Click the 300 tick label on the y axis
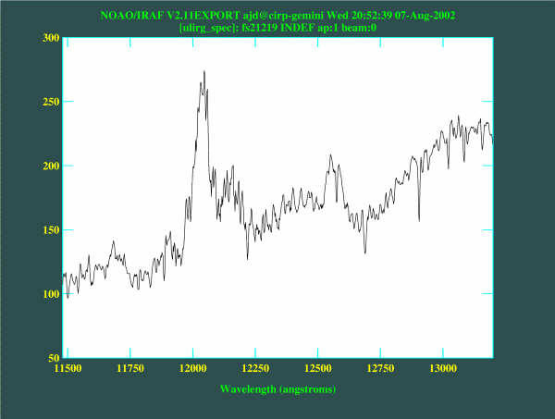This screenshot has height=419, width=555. coord(48,38)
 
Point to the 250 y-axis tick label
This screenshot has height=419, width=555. coord(48,102)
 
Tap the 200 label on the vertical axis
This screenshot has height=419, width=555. coord(48,166)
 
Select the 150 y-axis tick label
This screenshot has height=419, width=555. coord(48,230)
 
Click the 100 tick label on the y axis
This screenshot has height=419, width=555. coord(48,294)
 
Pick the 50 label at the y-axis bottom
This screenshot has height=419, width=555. coord(52,357)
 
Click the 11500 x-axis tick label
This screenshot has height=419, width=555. coord(68,369)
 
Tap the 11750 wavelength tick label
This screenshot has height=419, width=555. coord(130,369)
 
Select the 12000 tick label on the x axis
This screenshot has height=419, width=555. coord(193,369)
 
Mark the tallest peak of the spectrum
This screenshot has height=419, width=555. coord(203,71)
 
